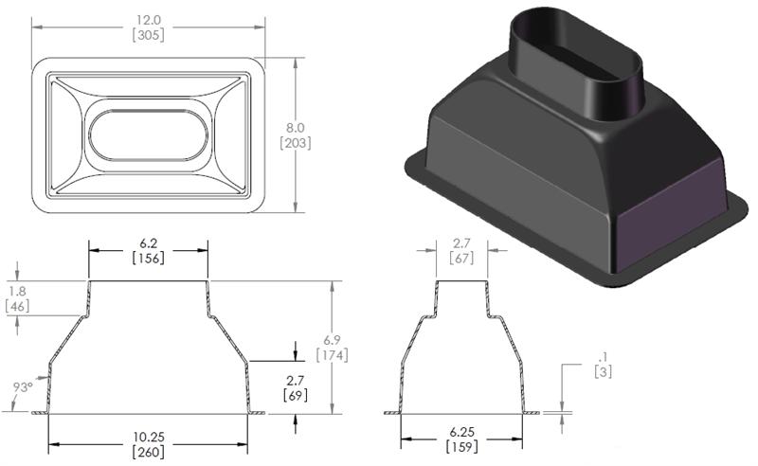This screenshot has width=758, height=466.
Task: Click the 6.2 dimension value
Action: click(x=148, y=242)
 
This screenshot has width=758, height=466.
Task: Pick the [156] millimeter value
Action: click(x=148, y=258)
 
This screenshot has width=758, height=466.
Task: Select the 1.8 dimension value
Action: click(x=16, y=291)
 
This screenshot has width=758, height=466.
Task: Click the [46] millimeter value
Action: click(x=16, y=306)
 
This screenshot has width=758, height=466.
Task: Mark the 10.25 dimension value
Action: click(x=147, y=437)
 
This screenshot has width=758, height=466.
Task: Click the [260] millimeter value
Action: click(x=147, y=452)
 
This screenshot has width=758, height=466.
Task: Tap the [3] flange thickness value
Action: click(x=602, y=372)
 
